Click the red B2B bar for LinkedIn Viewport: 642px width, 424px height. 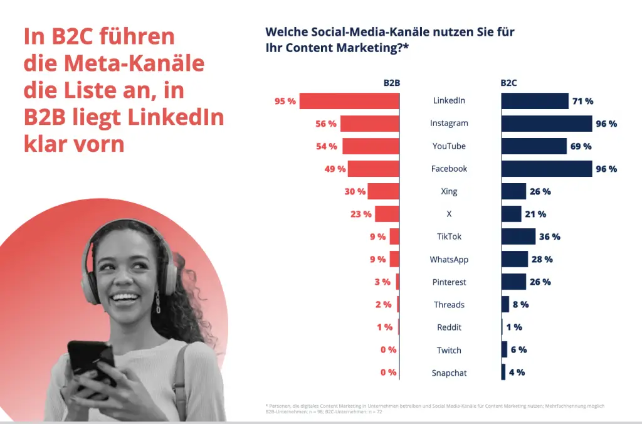coord(349,101)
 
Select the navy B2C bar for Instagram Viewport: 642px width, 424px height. coord(546,124)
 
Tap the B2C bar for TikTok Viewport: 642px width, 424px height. coord(518,236)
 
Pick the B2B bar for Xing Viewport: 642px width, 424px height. coord(383,191)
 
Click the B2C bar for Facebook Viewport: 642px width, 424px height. coord(546,169)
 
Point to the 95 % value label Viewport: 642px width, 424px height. coord(285,101)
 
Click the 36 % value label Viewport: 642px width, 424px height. coord(550,236)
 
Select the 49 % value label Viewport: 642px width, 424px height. coord(334,169)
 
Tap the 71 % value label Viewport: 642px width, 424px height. coord(582,101)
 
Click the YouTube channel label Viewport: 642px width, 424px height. coord(449,146)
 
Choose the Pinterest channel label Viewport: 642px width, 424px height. coord(449,282)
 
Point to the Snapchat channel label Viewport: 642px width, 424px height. coord(449,373)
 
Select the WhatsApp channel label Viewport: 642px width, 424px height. coord(449,260)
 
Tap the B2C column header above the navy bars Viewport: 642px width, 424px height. coord(508,82)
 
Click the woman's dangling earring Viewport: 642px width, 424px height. coord(158,302)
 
